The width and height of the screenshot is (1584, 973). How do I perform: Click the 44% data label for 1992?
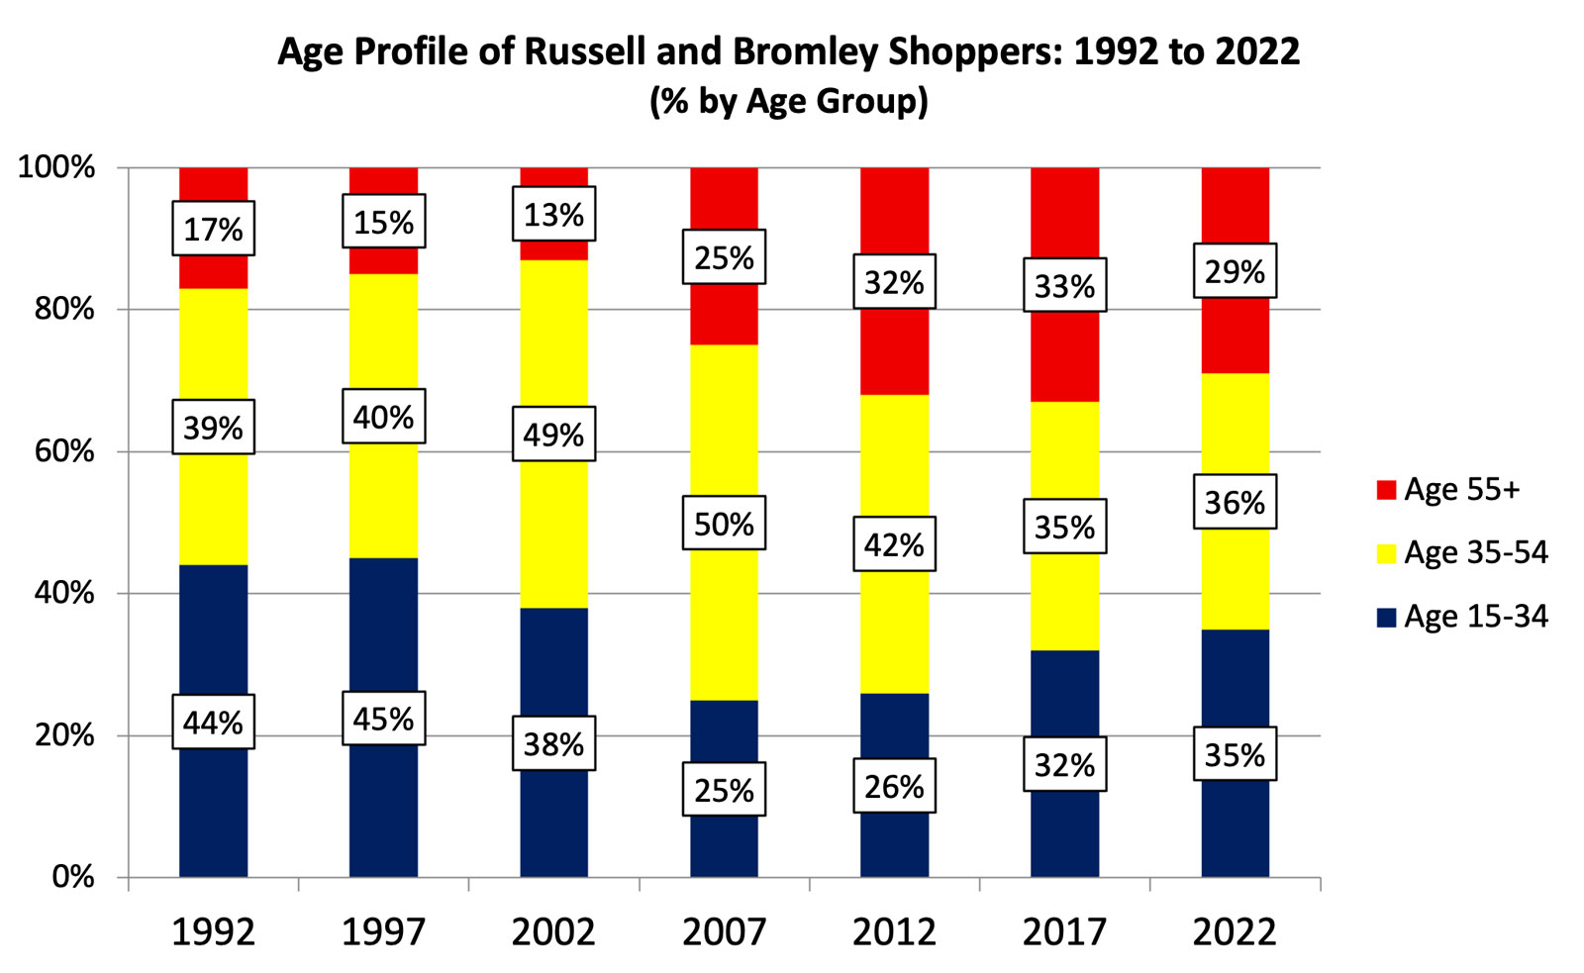click(213, 722)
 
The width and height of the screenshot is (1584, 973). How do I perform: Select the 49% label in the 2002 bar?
click(553, 434)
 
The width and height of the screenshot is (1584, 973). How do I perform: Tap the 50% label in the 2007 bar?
click(724, 523)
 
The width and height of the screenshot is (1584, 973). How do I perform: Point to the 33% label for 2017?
click(1064, 285)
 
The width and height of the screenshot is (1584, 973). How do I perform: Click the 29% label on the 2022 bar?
click(1235, 270)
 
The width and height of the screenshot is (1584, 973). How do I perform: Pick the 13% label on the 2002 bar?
click(553, 214)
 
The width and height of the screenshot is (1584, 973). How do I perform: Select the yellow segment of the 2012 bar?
click(894, 455)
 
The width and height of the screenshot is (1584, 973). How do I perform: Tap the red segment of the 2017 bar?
click(1064, 356)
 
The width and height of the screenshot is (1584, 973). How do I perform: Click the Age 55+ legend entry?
click(1460, 489)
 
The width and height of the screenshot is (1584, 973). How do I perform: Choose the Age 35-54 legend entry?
click(1475, 552)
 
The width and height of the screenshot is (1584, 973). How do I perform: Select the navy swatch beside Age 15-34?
click(1386, 618)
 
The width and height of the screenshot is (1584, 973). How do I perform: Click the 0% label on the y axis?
click(73, 877)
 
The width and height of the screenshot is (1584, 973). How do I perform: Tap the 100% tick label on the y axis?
click(57, 166)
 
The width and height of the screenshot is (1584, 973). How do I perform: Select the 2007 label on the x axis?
click(724, 931)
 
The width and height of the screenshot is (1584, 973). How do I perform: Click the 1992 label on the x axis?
click(213, 931)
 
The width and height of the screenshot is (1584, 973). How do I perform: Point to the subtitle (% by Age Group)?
click(789, 101)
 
